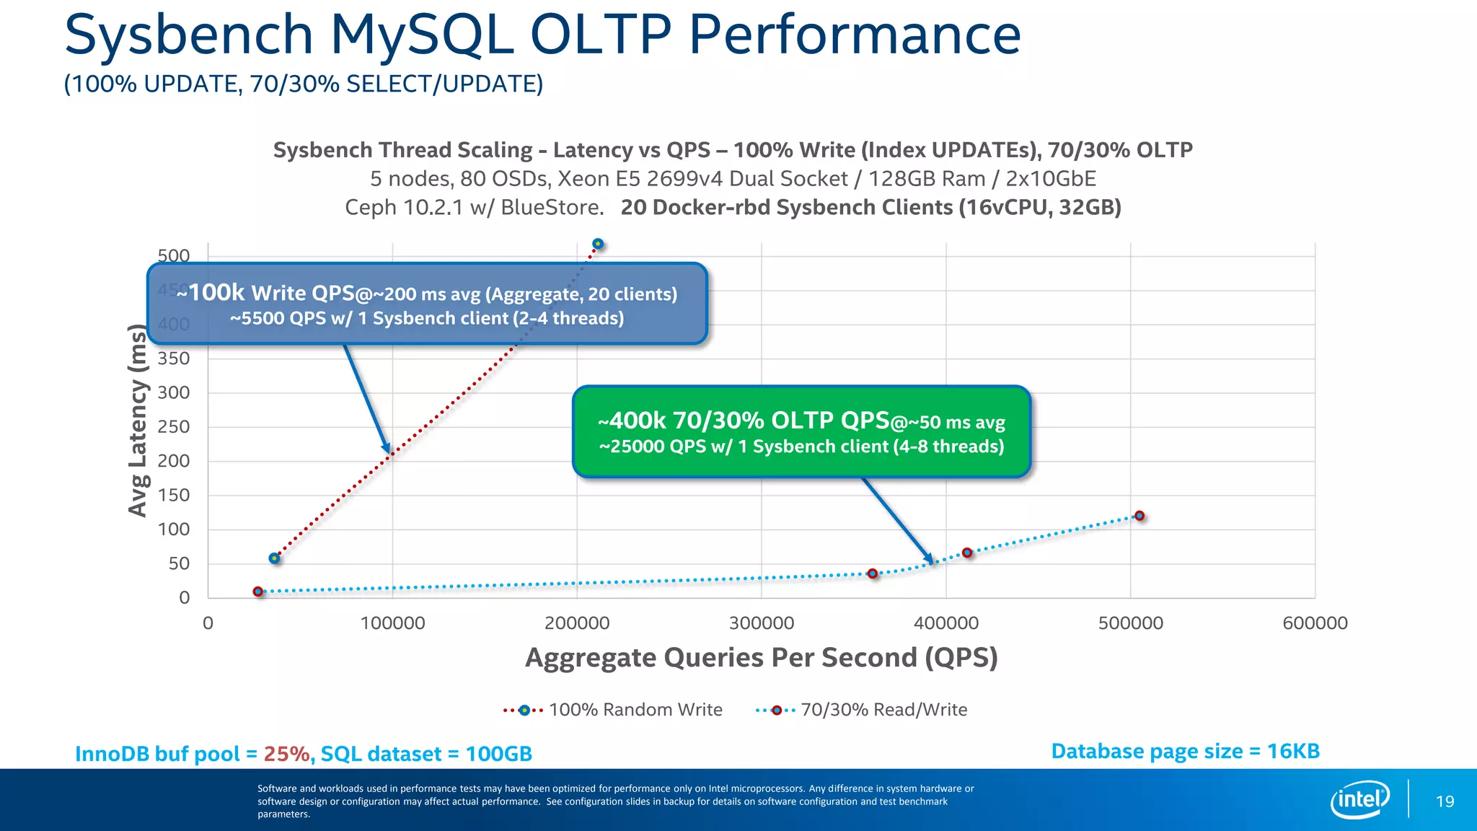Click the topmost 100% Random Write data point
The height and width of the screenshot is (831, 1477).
pyautogui.click(x=598, y=244)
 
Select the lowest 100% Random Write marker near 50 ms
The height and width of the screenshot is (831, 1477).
pyautogui.click(x=274, y=558)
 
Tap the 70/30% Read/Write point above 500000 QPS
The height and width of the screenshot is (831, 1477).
pyautogui.click(x=1139, y=516)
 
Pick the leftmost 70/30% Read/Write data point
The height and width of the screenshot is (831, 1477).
pyautogui.click(x=258, y=592)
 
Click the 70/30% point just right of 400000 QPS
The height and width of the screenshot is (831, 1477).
pyautogui.click(x=967, y=553)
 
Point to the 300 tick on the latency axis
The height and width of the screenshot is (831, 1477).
pyautogui.click(x=174, y=392)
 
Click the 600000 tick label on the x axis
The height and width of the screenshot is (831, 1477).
pyautogui.click(x=1315, y=623)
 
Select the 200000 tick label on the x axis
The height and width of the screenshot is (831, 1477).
pyautogui.click(x=577, y=623)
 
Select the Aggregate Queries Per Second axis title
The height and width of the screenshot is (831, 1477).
pyautogui.click(x=761, y=658)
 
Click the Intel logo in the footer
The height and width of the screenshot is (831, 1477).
pyautogui.click(x=1359, y=799)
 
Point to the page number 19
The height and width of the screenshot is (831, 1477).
pyautogui.click(x=1445, y=801)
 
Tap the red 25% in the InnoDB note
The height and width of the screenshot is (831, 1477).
pyautogui.click(x=286, y=754)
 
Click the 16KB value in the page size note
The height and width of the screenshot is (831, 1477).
pyautogui.click(x=1293, y=751)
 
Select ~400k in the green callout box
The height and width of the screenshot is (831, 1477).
pyautogui.click(x=632, y=421)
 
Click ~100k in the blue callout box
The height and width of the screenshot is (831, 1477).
pyautogui.click(x=211, y=292)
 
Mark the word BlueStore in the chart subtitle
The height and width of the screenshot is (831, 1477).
pyautogui.click(x=551, y=208)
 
